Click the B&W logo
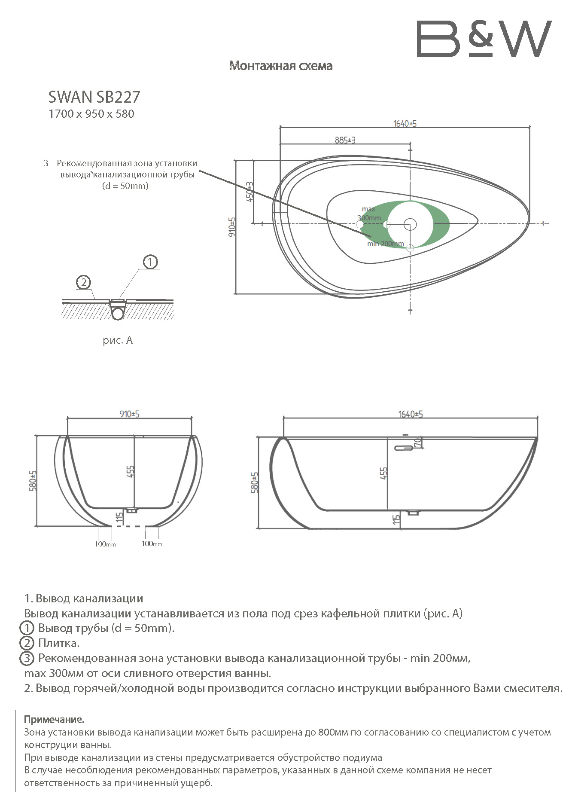coord(484,39)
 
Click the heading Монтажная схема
coord(281,66)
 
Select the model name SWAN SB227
coord(94,97)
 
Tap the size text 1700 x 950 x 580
coord(91,114)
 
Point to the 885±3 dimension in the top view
coord(345,140)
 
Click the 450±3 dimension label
coord(249,192)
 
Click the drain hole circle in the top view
coord(410,224)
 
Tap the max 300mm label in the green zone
coord(369,214)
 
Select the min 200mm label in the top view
coord(385,244)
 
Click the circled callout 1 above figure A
coord(150,262)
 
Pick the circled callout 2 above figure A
coord(83,282)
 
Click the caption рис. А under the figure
coord(118,340)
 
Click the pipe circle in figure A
coord(117,313)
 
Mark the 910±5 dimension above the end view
coord(129,414)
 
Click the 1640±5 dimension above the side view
coord(411,414)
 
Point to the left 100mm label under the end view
coord(105,544)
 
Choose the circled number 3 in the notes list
coord(27,658)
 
